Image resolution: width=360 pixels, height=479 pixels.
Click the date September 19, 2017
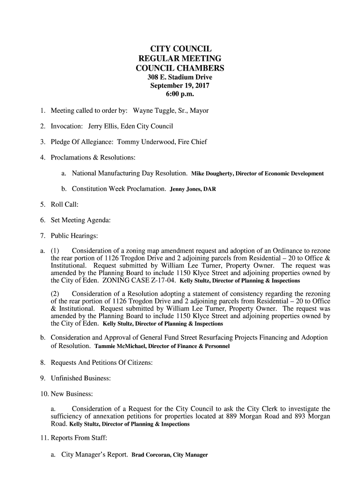(180, 86)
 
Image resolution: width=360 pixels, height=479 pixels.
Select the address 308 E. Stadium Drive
(180, 77)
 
